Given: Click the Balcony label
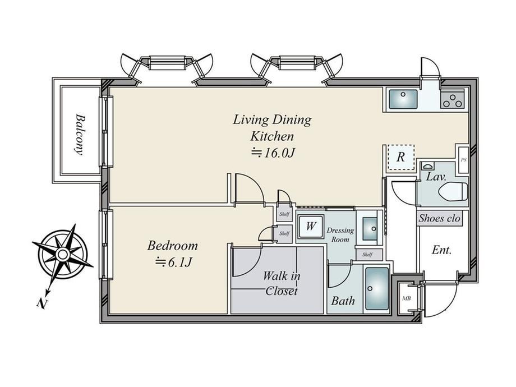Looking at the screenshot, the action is tap(79, 134).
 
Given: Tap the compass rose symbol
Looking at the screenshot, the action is tap(62, 254).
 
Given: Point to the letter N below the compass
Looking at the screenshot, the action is tap(42, 303).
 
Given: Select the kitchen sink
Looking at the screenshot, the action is tap(403, 99).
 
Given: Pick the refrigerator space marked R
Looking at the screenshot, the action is tap(400, 157).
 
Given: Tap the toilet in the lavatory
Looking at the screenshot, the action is tap(454, 191).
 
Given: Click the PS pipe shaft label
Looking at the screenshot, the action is tap(463, 160).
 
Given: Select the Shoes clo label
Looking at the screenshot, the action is tap(439, 218).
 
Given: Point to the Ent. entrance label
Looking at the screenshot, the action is tap(441, 250).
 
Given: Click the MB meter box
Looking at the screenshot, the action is tap(406, 299).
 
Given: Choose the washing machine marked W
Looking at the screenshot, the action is tap(310, 226).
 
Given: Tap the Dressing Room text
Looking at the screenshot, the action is tap(340, 234).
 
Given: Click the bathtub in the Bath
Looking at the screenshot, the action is tap(377, 289).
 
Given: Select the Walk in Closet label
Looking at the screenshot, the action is tap(282, 283).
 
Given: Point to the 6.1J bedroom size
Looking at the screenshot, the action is tap(173, 262).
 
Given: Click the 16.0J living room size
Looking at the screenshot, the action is tap(273, 153).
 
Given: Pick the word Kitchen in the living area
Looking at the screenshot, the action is tap(272, 136).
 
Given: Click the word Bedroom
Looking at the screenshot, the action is tap(172, 246).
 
